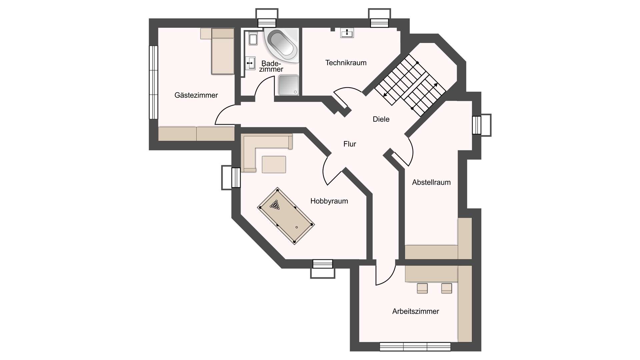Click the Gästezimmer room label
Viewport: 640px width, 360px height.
click(196, 95)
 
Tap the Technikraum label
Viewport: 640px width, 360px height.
click(346, 63)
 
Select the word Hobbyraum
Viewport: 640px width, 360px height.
click(329, 201)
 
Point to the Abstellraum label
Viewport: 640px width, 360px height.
click(431, 182)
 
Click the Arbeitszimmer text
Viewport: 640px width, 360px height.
click(415, 311)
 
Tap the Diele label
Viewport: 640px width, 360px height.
click(381, 119)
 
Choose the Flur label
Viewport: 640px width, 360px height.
click(350, 144)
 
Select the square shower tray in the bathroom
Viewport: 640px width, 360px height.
click(289, 85)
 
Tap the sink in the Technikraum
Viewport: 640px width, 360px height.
click(347, 33)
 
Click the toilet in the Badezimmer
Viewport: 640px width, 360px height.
click(253, 39)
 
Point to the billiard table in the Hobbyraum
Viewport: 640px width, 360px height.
click(286, 216)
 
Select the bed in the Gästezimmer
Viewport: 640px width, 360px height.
click(223, 51)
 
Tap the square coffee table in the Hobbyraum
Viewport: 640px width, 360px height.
click(274, 164)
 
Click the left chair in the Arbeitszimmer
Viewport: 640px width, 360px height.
click(422, 288)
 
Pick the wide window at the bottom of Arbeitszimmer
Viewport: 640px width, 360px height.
click(415, 347)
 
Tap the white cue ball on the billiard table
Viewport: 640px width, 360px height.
click(297, 227)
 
